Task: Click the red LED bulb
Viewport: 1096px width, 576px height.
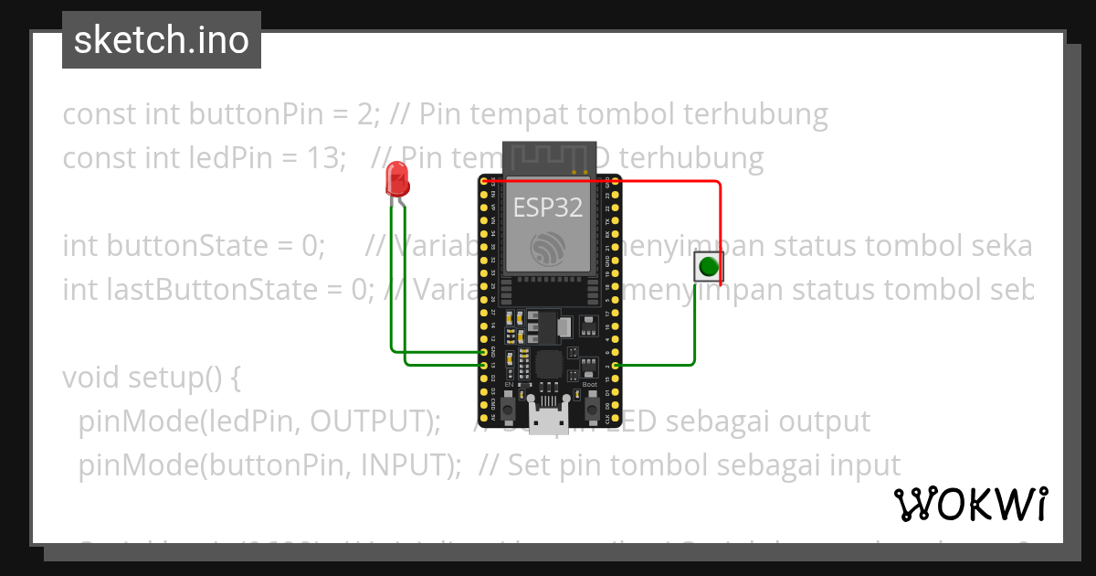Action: click(397, 178)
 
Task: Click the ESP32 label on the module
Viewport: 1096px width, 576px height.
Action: click(547, 208)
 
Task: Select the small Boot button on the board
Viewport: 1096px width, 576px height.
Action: click(589, 399)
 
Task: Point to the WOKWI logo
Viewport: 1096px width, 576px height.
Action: click(970, 504)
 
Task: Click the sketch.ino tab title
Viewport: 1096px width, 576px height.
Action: click(162, 40)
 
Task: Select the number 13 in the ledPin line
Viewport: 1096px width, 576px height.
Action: click(320, 159)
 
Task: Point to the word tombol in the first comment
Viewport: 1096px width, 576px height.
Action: click(630, 115)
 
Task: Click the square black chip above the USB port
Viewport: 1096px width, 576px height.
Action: click(549, 363)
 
